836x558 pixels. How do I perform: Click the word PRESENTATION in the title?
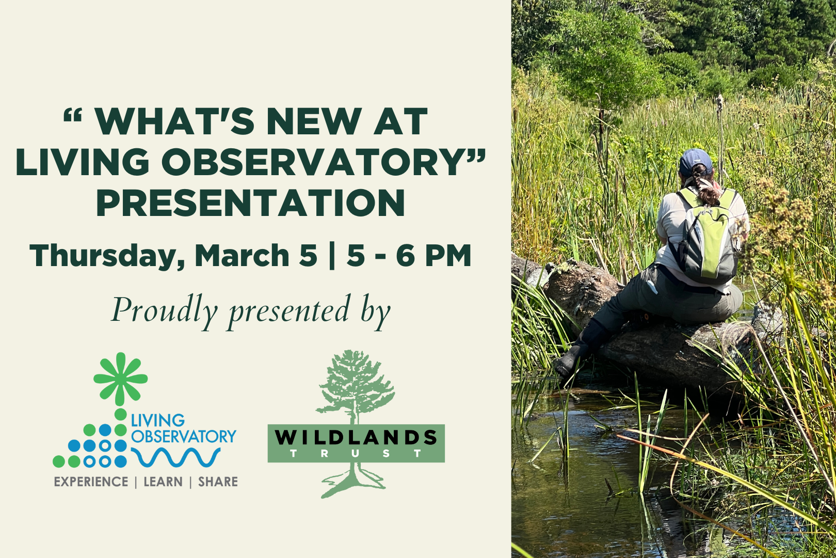click(250, 203)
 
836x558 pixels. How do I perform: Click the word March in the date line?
click(241, 255)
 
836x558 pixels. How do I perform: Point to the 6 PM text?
click(433, 255)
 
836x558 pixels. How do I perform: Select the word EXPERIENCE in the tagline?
click(91, 482)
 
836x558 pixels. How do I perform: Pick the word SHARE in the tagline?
click(218, 482)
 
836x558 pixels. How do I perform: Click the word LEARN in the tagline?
click(163, 482)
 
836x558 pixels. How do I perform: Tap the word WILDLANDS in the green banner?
click(356, 438)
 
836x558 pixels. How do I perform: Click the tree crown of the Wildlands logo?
click(356, 380)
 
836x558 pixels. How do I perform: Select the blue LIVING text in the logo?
click(157, 421)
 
